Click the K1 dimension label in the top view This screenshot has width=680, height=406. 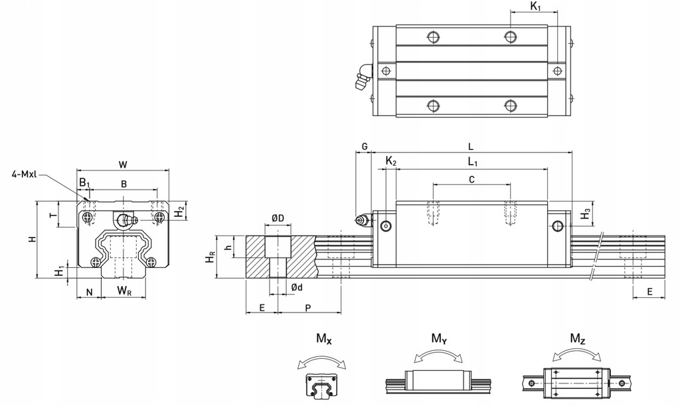tap(535, 7)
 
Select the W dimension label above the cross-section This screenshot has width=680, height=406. tap(123, 163)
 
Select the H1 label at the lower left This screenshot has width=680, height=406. tap(59, 270)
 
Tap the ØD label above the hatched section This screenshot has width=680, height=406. tap(278, 218)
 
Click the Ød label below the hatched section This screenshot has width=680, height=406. tap(297, 287)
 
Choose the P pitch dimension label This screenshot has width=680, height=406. tap(307, 308)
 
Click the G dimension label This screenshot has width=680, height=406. tap(364, 146)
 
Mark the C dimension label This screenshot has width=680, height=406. tap(471, 179)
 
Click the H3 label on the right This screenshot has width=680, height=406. tap(585, 213)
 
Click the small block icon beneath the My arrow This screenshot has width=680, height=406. tap(438, 382)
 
